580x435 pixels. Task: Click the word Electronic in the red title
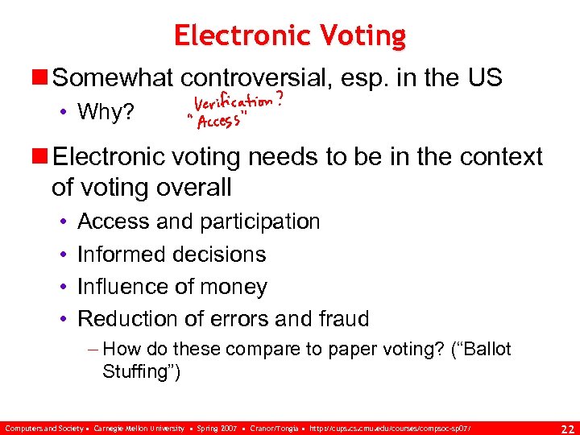coord(239,36)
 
